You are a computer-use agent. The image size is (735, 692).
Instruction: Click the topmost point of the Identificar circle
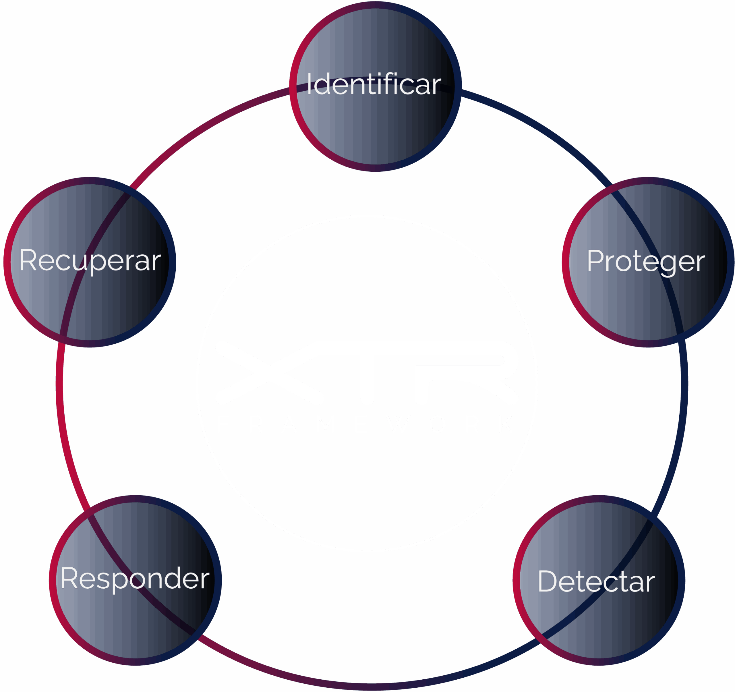pos(375,1)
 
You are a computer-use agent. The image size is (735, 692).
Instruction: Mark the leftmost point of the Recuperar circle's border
pos(4,262)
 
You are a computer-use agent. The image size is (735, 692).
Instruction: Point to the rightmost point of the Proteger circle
pos(734,262)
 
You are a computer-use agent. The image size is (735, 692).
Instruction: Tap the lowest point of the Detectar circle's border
pos(599,665)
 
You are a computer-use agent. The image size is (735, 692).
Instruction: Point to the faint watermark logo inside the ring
pos(366,382)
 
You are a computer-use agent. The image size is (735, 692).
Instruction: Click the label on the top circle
pos(374,84)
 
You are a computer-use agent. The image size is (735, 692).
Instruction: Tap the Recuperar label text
pos(90,261)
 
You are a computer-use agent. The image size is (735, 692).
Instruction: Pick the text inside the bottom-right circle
pos(596,581)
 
